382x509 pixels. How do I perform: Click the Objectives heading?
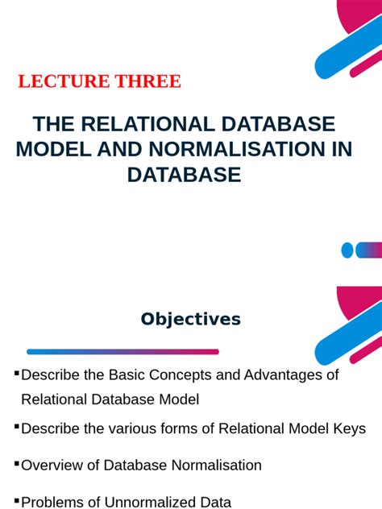click(190, 319)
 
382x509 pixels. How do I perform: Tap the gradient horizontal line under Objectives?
click(122, 351)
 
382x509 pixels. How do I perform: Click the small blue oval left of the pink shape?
click(347, 250)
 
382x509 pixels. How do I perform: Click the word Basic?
click(115, 375)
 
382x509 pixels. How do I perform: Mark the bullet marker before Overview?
click(16, 463)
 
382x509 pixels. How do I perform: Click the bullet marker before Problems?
click(16, 499)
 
